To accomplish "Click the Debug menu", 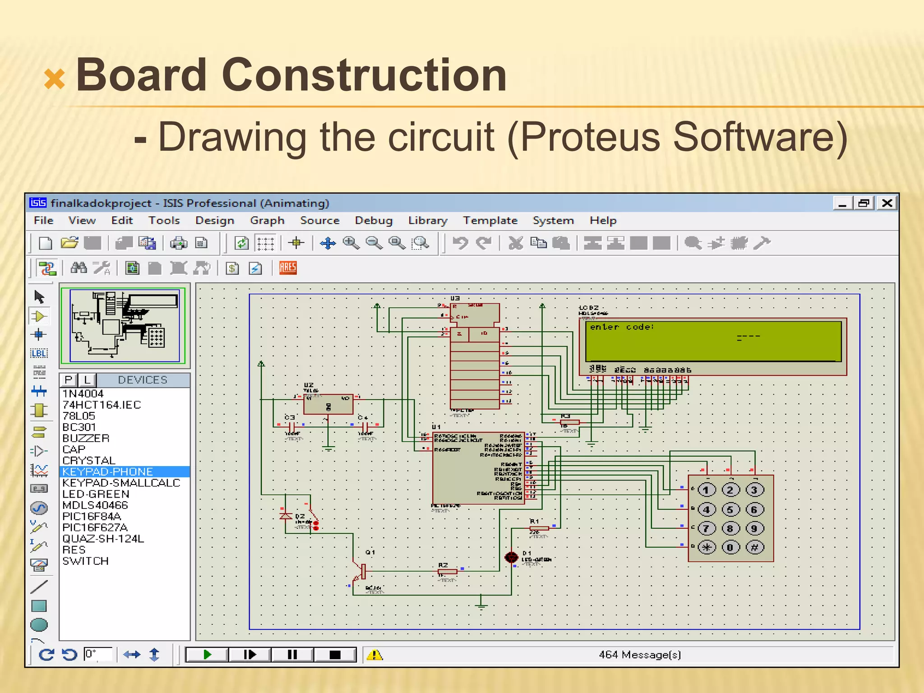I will point(373,221).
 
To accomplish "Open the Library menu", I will point(427,221).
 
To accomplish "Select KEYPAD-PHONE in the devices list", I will point(107,472).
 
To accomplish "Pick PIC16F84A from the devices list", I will point(92,517).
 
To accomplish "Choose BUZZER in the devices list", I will point(86,438).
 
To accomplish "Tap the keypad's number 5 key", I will point(730,510).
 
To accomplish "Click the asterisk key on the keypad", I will point(707,548).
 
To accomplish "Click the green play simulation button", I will point(207,655).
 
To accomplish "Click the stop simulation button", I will point(335,655).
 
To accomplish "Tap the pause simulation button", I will point(292,655).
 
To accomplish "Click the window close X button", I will point(887,203).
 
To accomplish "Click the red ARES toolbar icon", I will point(288,268).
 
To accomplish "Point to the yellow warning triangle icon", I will point(374,655).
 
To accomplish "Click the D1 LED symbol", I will point(511,558).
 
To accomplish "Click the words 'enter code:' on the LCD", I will point(622,327).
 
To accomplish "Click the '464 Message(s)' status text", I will point(639,655).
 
